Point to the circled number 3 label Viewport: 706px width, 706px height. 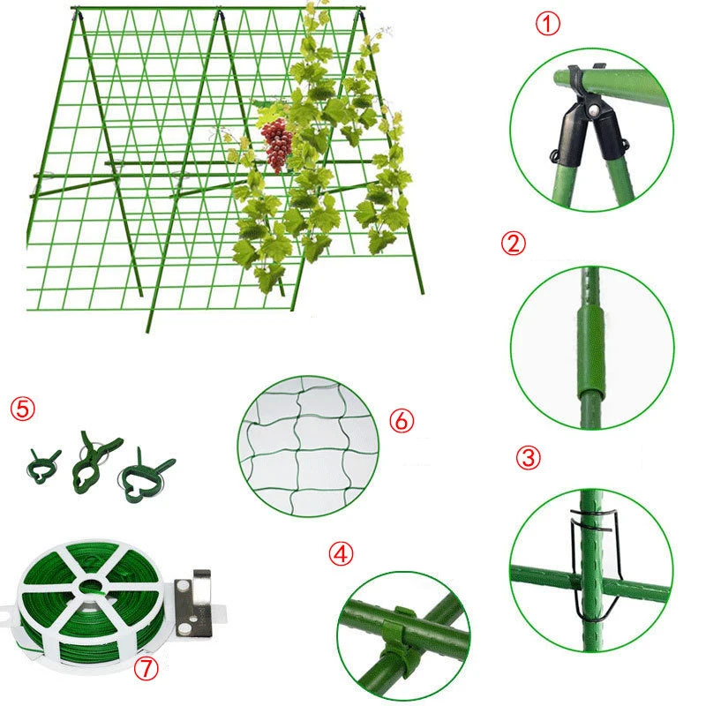(527, 457)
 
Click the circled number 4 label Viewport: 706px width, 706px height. (342, 554)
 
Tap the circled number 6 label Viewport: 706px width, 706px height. (401, 420)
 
